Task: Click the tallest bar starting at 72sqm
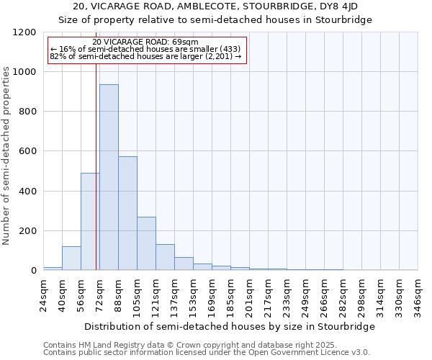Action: point(109,177)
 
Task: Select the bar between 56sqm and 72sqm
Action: point(90,222)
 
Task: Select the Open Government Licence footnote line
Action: point(207,353)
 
